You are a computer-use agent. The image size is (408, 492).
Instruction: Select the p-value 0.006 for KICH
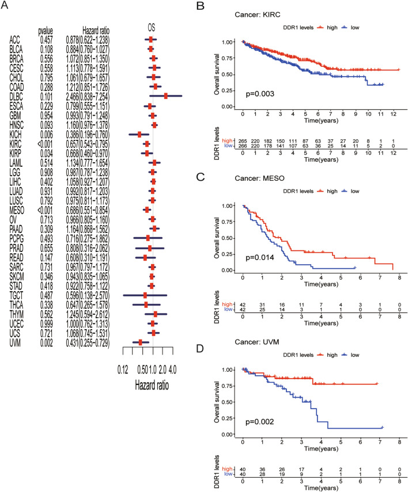pos(47,134)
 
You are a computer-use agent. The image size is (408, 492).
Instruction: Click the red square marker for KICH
pos(139,134)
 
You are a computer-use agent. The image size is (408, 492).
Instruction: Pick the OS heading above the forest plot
pos(152,26)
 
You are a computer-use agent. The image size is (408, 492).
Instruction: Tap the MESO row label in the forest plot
pos(18,209)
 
